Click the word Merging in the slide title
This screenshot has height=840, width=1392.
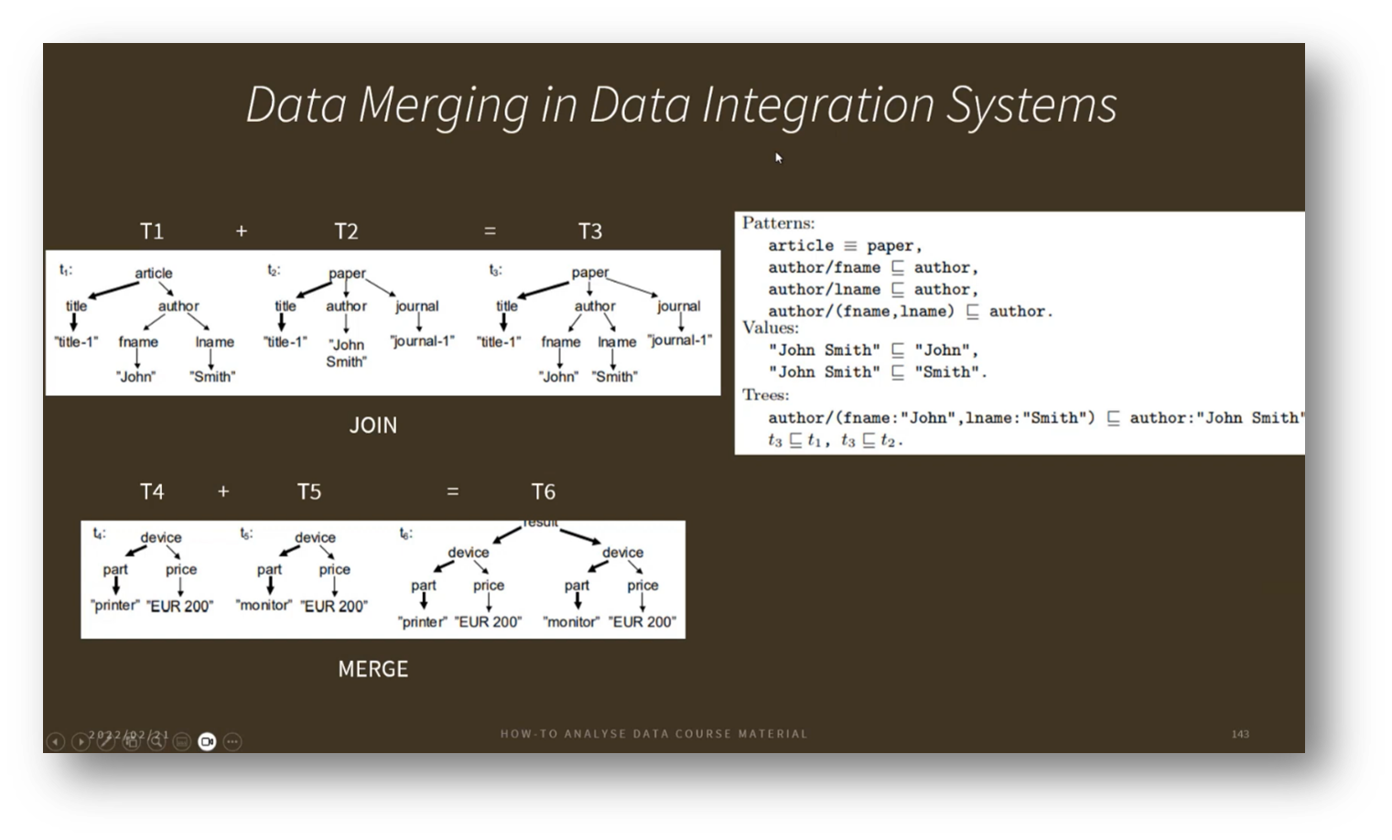443,104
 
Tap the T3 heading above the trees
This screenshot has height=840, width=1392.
590,232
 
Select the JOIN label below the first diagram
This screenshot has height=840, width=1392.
373,425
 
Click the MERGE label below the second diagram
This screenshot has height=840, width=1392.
372,669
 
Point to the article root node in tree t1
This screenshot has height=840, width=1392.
153,273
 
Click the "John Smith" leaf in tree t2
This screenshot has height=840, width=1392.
346,353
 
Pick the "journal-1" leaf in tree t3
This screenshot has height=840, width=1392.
679,340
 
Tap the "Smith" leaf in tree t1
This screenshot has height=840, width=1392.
212,376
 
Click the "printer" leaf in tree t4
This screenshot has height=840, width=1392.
114,606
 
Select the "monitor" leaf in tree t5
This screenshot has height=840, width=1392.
264,606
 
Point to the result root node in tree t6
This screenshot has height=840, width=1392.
540,522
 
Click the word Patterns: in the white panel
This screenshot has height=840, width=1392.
778,223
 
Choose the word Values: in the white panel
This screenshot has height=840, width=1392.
770,328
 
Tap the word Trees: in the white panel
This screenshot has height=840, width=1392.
765,395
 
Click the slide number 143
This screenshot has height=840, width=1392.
1240,734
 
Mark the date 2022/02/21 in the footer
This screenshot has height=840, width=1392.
129,735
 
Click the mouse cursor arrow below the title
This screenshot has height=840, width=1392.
778,157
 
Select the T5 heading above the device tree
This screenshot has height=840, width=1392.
309,492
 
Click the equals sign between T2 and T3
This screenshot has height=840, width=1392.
490,232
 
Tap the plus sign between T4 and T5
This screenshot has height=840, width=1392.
223,492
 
